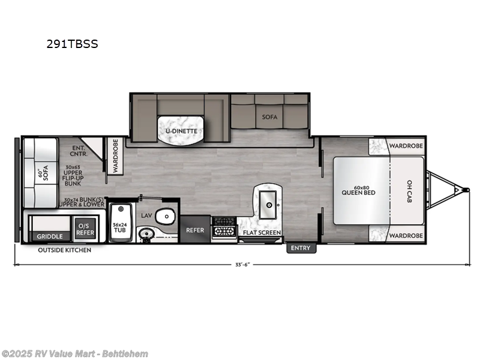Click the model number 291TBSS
(72, 44)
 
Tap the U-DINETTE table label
(182, 131)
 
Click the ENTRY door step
(301, 248)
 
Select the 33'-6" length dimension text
(242, 265)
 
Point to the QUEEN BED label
(358, 193)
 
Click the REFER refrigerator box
(195, 229)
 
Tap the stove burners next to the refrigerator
(224, 227)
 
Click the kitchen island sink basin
(268, 205)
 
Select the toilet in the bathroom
(166, 216)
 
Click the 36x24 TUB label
(119, 227)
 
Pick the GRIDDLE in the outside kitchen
(50, 236)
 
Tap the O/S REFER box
(85, 230)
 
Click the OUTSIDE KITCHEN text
(65, 250)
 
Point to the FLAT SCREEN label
(262, 233)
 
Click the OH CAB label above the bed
(409, 191)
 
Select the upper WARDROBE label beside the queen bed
(406, 146)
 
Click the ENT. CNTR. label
(79, 151)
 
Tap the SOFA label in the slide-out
(269, 117)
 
